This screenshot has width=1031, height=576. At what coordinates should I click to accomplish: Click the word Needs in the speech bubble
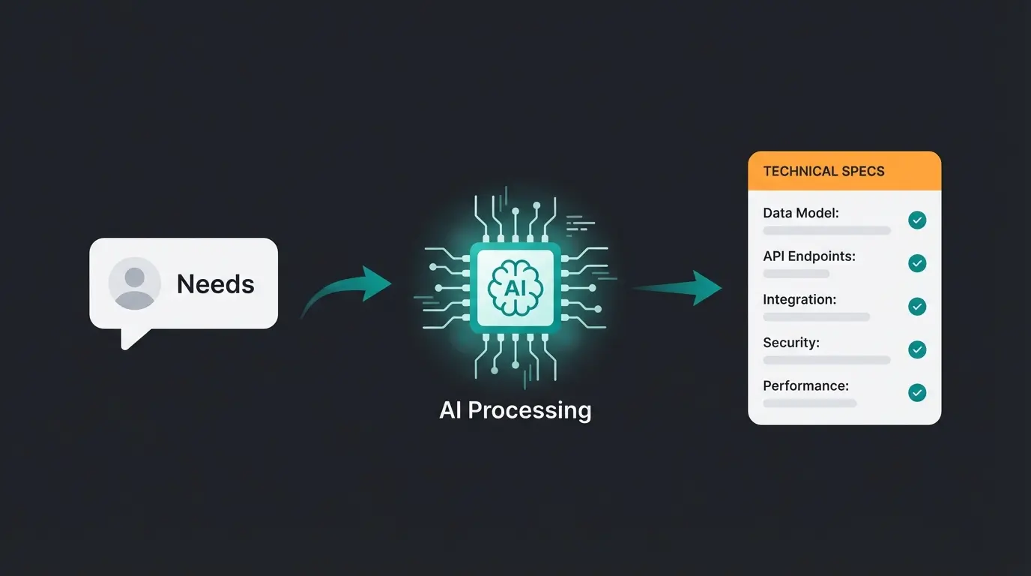[215, 284]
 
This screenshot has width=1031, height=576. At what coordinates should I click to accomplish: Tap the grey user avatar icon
[135, 283]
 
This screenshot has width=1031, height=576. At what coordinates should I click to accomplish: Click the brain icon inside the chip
[515, 286]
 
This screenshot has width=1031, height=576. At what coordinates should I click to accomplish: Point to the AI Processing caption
[515, 410]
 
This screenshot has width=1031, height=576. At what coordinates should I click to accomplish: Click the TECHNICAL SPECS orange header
[844, 171]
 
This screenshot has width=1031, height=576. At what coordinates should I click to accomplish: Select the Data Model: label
[801, 213]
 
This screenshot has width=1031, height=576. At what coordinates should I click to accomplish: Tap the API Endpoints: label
[809, 256]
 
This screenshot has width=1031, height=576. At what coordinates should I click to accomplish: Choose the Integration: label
[799, 299]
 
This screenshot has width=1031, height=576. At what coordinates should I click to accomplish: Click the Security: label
[791, 343]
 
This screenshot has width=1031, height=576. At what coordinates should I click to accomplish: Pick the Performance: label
[805, 386]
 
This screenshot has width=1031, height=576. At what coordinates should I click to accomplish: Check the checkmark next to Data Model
[917, 220]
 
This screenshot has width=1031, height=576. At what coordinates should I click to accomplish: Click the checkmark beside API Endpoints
[917, 263]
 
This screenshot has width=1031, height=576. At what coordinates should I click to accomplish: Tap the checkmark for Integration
[917, 306]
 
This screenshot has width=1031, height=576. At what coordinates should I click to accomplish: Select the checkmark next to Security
[917, 349]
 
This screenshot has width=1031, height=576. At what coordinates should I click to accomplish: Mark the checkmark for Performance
[917, 392]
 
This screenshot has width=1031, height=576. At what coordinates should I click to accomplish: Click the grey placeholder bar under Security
[826, 360]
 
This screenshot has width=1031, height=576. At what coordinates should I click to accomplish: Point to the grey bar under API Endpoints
[796, 274]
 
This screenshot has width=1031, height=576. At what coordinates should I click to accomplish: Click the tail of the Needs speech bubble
[132, 339]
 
